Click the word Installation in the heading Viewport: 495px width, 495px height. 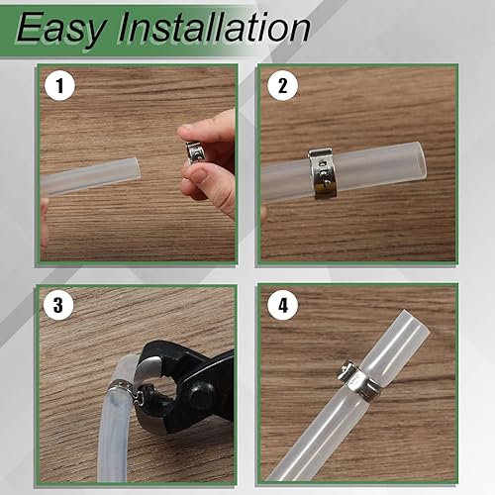point(212,29)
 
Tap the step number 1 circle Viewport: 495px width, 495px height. point(61,87)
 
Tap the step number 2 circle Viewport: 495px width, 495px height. point(282,87)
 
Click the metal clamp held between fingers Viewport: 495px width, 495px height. point(194,151)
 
